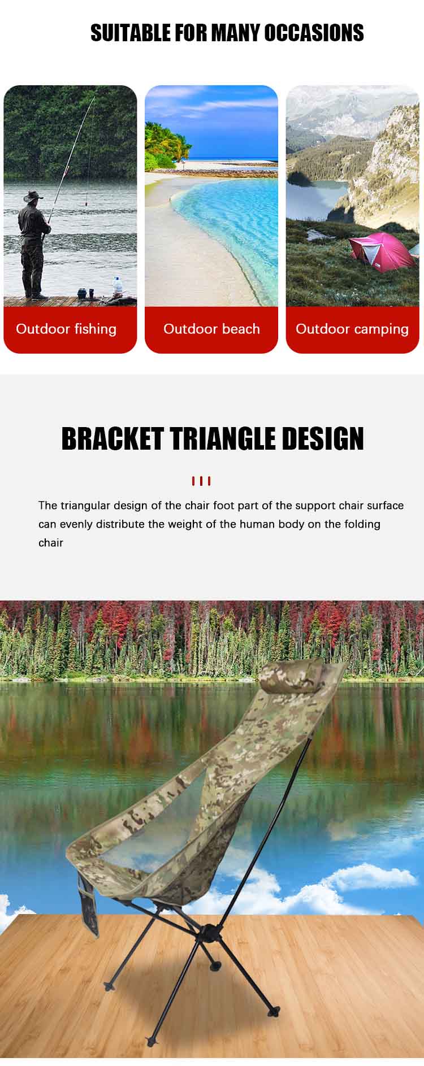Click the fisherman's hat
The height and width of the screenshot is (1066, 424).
pos(33,196)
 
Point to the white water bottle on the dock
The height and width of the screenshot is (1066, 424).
pos(118,286)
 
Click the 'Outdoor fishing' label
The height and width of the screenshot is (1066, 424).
pos(66,329)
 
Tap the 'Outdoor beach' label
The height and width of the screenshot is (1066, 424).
pos(211,329)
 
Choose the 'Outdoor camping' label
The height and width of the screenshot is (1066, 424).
pos(352,329)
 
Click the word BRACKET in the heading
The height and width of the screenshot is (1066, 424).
pos(112,438)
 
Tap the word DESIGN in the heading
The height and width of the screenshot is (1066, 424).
pos(323,438)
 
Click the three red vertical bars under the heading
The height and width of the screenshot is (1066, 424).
pos(201,481)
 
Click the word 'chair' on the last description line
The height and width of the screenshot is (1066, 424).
pos(51,543)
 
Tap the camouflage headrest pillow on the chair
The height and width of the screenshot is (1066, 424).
pos(292,675)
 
